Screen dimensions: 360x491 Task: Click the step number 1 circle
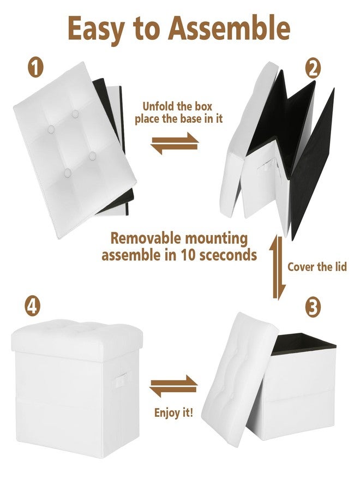click(x=35, y=67)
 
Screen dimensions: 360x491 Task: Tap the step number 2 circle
click(x=313, y=69)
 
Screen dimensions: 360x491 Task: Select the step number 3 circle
click(x=313, y=307)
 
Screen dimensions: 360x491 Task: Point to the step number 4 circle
click(x=33, y=306)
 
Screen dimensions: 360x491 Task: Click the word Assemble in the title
click(x=229, y=28)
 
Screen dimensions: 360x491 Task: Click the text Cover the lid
click(x=317, y=267)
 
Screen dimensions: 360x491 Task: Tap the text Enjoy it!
click(x=173, y=413)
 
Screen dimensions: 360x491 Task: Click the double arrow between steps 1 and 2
click(x=175, y=143)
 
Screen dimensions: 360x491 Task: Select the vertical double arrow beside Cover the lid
click(x=278, y=267)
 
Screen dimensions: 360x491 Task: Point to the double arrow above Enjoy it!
click(x=173, y=386)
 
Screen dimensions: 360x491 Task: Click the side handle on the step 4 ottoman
click(x=119, y=380)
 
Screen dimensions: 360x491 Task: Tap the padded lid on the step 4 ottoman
click(x=77, y=339)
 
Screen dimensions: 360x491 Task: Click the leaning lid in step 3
click(x=240, y=380)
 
